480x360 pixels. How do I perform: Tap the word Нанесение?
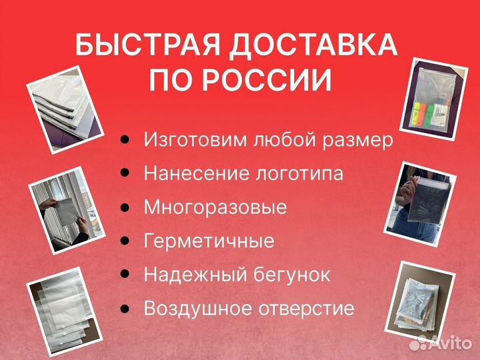[x=197, y=174]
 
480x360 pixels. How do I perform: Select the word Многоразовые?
[x=215, y=207]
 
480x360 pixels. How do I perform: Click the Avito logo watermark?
[x=440, y=343]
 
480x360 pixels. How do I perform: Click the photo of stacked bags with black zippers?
[x=64, y=105]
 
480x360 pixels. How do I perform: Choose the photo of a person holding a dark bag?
[x=421, y=199]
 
